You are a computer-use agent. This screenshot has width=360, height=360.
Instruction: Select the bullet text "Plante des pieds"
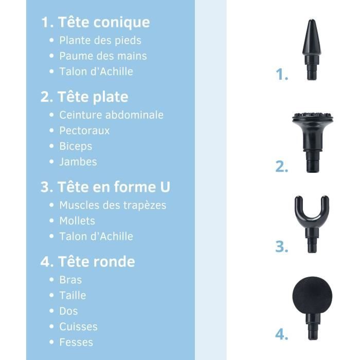[100, 40]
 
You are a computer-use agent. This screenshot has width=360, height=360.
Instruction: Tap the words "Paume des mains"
[103, 56]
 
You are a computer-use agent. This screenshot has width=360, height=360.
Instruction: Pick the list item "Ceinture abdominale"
[111, 115]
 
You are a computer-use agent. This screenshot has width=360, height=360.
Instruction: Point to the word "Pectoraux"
[84, 131]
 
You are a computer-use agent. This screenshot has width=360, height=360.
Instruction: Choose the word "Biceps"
[76, 146]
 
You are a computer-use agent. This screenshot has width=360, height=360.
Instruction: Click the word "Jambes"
[78, 161]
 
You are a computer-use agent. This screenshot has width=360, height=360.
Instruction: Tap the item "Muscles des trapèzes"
[113, 205]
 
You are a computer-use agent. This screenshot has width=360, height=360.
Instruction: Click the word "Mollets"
[77, 221]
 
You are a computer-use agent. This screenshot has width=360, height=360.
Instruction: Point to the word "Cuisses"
[78, 327]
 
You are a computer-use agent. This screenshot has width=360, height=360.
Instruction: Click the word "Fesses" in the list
[76, 342]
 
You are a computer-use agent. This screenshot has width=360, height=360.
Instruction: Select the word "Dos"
[68, 311]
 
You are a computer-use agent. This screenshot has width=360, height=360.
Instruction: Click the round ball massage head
[312, 298]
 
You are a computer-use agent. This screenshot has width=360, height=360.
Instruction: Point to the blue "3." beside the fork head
[281, 246]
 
